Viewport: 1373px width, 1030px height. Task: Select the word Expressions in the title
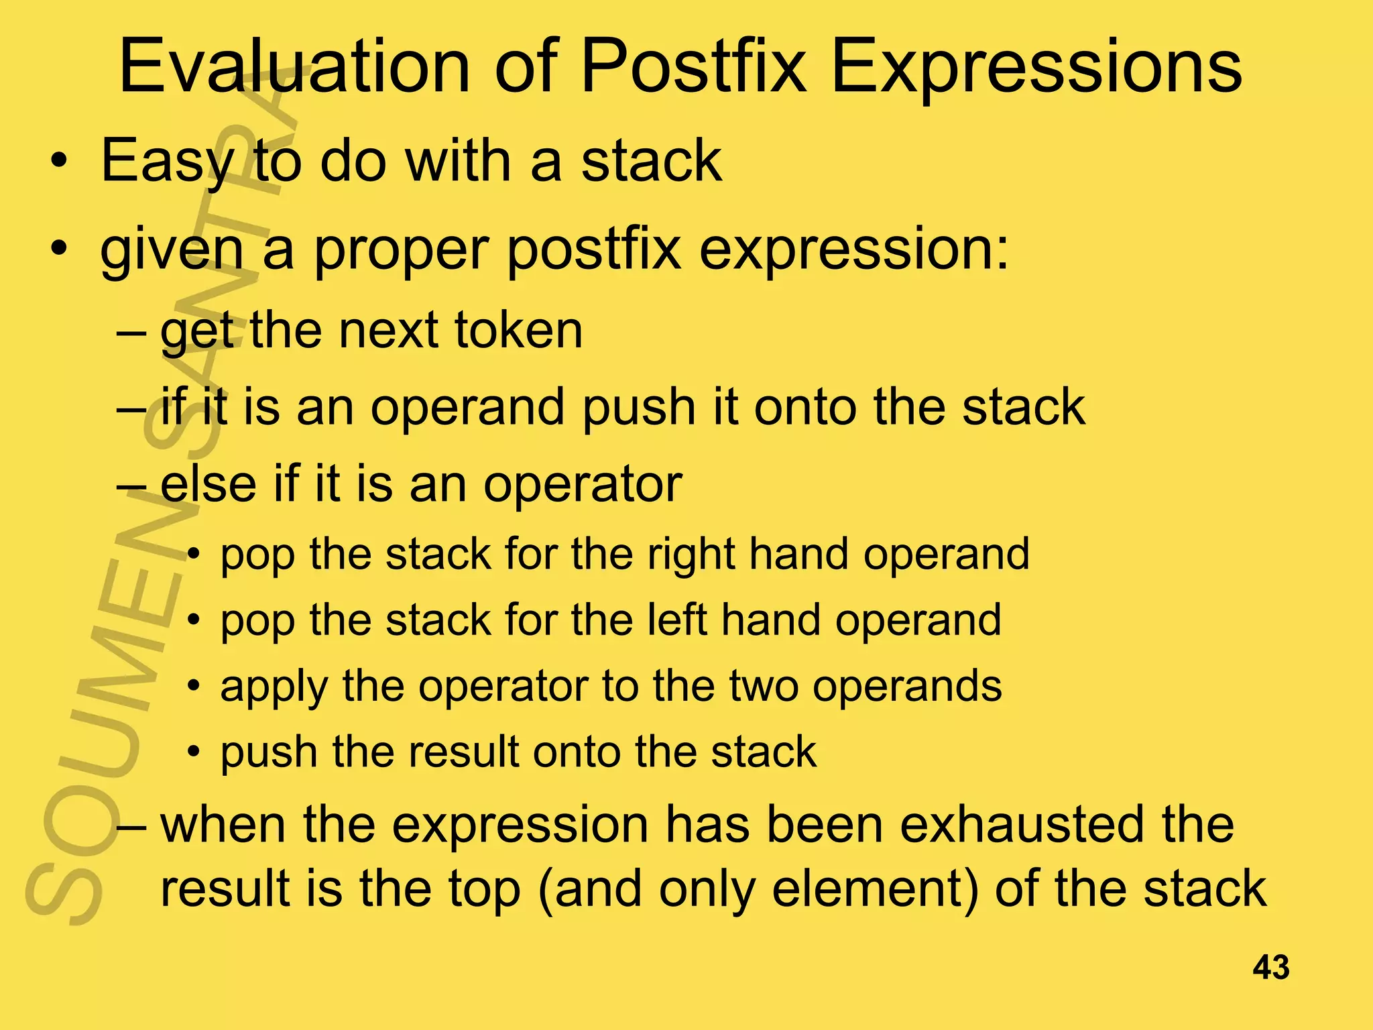(1036, 67)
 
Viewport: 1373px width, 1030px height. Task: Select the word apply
(274, 687)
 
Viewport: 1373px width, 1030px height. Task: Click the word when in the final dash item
(224, 825)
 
